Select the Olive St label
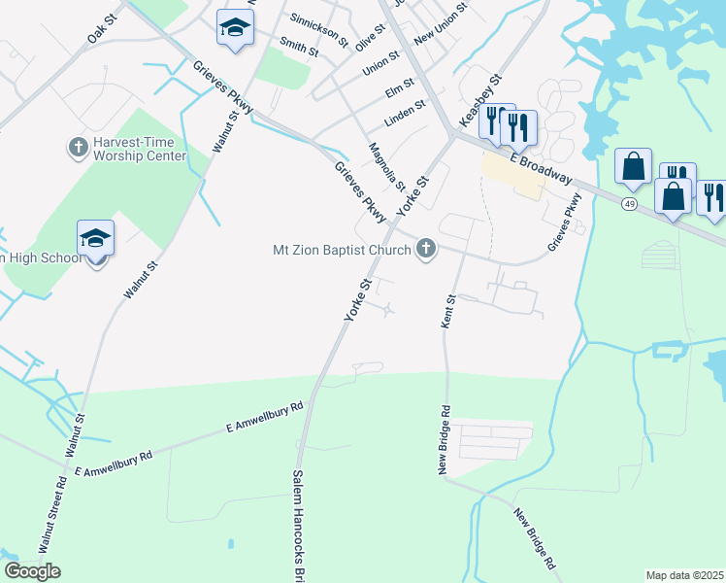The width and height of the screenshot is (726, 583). [370, 41]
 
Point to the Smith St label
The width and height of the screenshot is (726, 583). [298, 47]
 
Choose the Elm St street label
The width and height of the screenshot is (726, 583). [399, 89]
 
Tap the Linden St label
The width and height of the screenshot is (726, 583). [406, 111]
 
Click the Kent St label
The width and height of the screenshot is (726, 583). [449, 311]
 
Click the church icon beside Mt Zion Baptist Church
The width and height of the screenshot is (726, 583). [424, 251]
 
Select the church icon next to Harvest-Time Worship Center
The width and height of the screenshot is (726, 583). [78, 148]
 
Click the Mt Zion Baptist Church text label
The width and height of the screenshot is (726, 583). [342, 251]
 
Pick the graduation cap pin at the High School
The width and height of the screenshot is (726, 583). [96, 239]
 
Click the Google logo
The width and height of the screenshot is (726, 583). [32, 571]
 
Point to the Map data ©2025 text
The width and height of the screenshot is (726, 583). [684, 575]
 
